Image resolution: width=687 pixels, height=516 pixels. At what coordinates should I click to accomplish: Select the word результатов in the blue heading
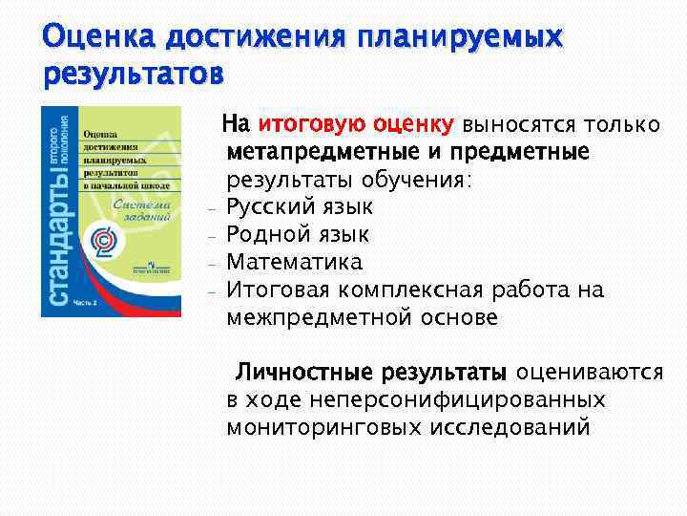(x=135, y=74)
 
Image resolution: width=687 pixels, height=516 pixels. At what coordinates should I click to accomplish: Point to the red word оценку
(x=414, y=124)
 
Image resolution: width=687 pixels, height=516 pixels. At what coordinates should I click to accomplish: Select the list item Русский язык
(x=300, y=207)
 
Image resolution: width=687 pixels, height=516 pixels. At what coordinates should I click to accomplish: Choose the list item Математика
(x=294, y=263)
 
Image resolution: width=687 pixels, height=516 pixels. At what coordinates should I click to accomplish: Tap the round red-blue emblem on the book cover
(x=110, y=239)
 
